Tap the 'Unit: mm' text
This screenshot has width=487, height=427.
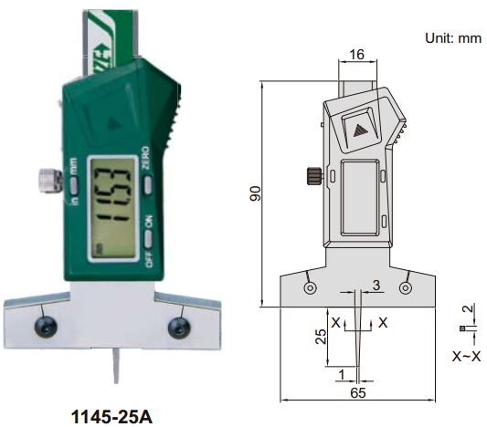pos(451,39)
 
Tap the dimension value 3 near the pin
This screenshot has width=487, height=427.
pos(376,287)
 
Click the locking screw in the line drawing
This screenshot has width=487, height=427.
pos(312,175)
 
